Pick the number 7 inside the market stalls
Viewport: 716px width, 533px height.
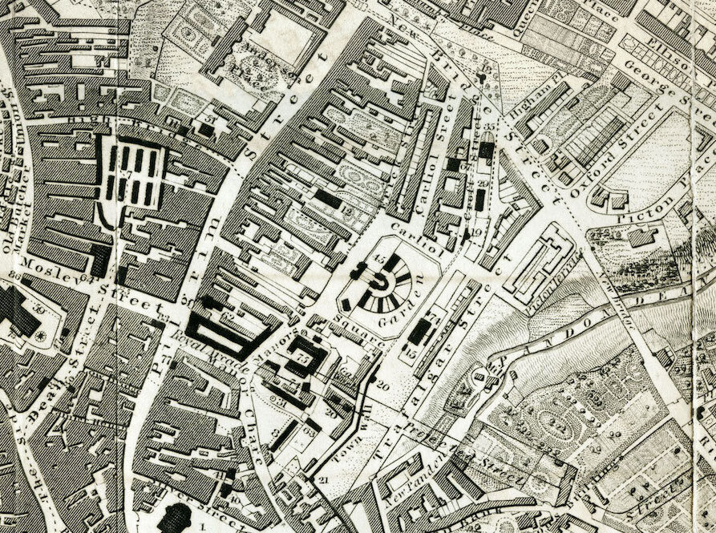(x=127, y=176)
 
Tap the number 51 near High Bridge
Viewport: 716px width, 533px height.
(x=209, y=119)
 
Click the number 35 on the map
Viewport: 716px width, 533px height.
(x=487, y=127)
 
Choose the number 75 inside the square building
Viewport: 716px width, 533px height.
(x=305, y=359)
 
